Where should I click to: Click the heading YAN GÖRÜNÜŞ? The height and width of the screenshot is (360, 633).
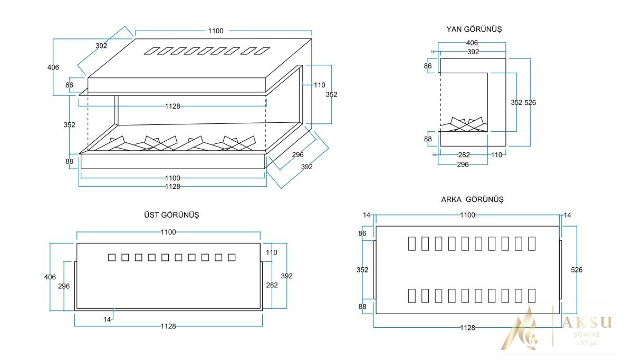point(474,30)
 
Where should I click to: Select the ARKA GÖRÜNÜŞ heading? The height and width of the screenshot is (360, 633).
point(472,200)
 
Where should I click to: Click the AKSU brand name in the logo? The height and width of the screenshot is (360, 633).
point(587,323)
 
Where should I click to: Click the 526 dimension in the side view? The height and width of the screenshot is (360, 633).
point(530,102)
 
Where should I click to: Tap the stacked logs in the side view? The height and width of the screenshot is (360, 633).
point(464,124)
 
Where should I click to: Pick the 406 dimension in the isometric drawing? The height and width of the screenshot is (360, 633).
point(53,67)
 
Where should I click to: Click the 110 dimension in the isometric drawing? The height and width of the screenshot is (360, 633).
point(320,85)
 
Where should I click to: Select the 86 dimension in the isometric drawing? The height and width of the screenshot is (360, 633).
point(70,85)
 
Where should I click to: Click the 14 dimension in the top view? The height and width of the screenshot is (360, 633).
point(108,319)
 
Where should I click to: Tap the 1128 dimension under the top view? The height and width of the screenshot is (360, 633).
point(168,326)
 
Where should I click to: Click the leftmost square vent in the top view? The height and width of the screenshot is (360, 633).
point(111,257)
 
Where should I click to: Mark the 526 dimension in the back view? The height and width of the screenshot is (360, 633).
point(577,270)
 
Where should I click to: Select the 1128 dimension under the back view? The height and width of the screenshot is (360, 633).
point(467,328)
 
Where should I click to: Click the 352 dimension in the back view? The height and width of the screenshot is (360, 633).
point(362,270)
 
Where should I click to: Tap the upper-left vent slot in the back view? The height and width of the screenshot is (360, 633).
point(412,243)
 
